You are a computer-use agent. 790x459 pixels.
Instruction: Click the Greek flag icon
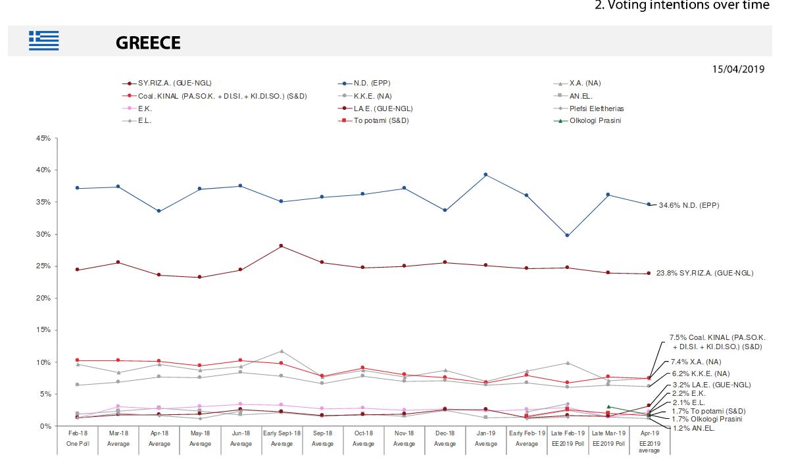coord(43,41)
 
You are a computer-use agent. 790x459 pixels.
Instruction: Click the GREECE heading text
coord(148,43)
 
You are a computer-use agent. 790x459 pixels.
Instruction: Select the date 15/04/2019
coord(738,69)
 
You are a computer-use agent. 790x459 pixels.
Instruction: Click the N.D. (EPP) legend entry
coord(372,84)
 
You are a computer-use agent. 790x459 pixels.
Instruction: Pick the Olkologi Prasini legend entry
coord(595,120)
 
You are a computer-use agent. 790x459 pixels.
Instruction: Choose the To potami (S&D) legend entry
coord(382,120)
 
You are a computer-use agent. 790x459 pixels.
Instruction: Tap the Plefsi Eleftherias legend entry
coord(597,108)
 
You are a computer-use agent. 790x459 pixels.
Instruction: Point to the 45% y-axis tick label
coord(43,138)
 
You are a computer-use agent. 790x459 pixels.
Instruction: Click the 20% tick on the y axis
coord(43,298)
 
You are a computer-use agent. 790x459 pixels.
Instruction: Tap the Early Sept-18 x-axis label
coord(282,434)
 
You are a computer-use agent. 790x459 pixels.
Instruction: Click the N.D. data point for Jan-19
coord(485,174)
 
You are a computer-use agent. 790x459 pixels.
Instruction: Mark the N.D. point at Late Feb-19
coord(567,235)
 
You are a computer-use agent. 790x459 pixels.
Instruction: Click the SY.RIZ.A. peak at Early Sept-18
coord(282,246)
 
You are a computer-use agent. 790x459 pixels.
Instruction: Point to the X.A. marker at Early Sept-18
coord(282,351)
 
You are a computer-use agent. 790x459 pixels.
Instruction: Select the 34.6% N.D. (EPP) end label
coord(689,205)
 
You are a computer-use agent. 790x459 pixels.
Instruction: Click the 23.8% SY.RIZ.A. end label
coord(704,273)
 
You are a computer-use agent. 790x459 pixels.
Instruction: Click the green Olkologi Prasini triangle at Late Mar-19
coord(608,407)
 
